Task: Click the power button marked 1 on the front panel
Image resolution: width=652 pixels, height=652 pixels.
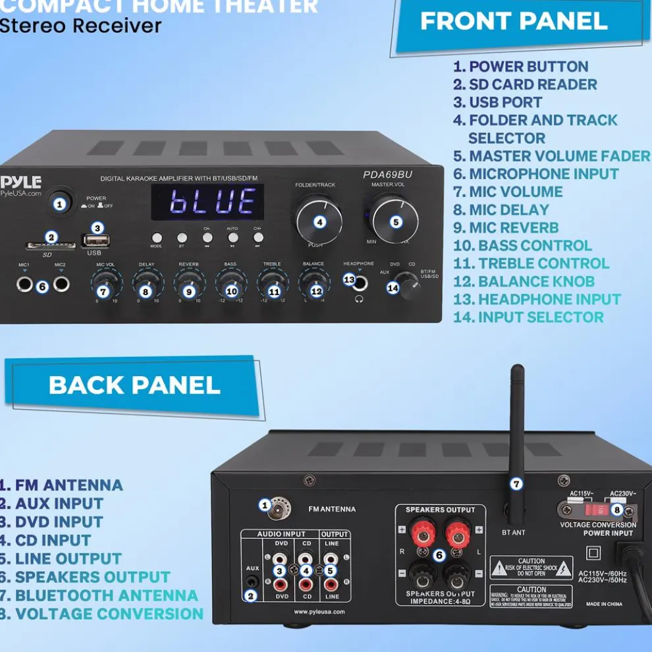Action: [60, 204]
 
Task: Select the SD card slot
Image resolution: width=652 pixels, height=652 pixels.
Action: [41, 246]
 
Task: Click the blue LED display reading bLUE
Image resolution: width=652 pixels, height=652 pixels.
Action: [207, 202]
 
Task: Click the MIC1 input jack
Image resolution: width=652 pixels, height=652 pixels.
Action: [25, 285]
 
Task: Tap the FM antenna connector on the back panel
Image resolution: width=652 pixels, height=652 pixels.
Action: [279, 508]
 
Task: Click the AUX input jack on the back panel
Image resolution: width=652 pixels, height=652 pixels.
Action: [252, 582]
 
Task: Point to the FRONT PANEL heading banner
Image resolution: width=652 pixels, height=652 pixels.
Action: [514, 22]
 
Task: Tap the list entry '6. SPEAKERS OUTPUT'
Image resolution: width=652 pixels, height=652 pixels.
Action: [86, 577]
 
